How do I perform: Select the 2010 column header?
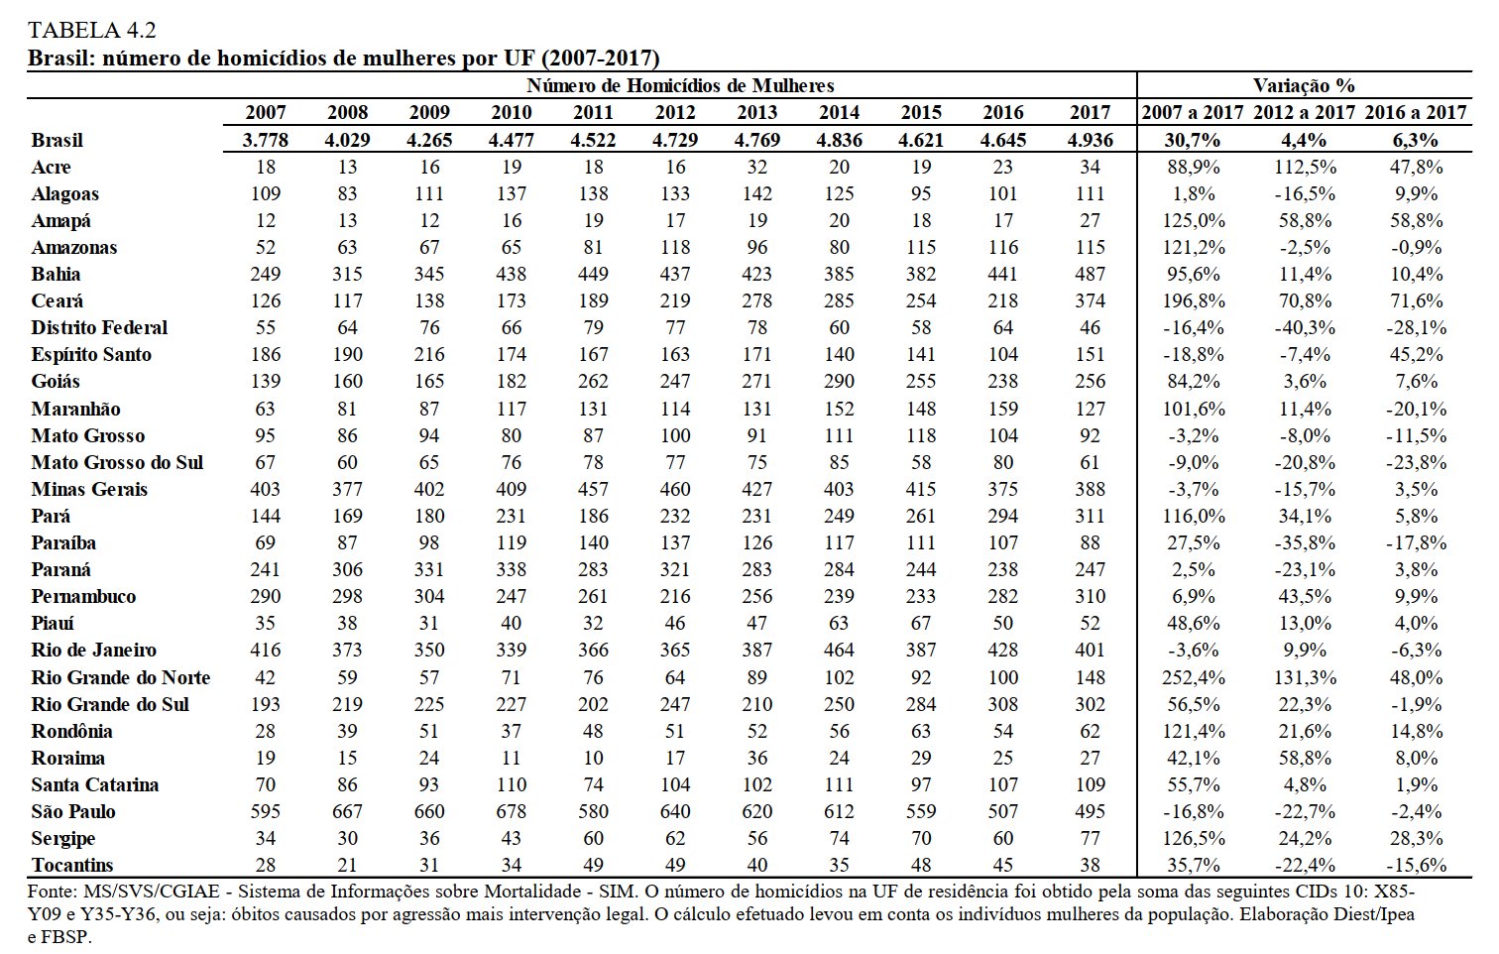click(x=512, y=112)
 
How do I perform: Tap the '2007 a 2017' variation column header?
click(x=1193, y=112)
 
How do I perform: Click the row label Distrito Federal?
click(x=99, y=327)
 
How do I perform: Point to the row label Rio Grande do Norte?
click(x=121, y=677)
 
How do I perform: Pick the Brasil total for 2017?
click(x=1091, y=140)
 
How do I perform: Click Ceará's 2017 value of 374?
click(x=1091, y=300)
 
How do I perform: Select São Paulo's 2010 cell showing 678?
click(x=512, y=811)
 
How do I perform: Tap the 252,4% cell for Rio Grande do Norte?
click(x=1194, y=677)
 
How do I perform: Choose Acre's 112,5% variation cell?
click(x=1305, y=167)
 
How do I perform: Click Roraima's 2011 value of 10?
click(x=593, y=758)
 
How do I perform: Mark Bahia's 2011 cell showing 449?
click(x=593, y=274)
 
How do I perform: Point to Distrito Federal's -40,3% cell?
click(x=1305, y=327)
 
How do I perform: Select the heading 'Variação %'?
click(x=1304, y=85)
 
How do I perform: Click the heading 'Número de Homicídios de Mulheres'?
click(x=680, y=85)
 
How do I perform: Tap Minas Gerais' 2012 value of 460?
click(x=675, y=489)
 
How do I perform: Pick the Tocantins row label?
click(x=72, y=865)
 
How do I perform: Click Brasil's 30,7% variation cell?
click(x=1194, y=140)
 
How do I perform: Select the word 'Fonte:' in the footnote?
click(x=53, y=892)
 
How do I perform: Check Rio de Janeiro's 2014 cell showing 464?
click(x=839, y=650)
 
